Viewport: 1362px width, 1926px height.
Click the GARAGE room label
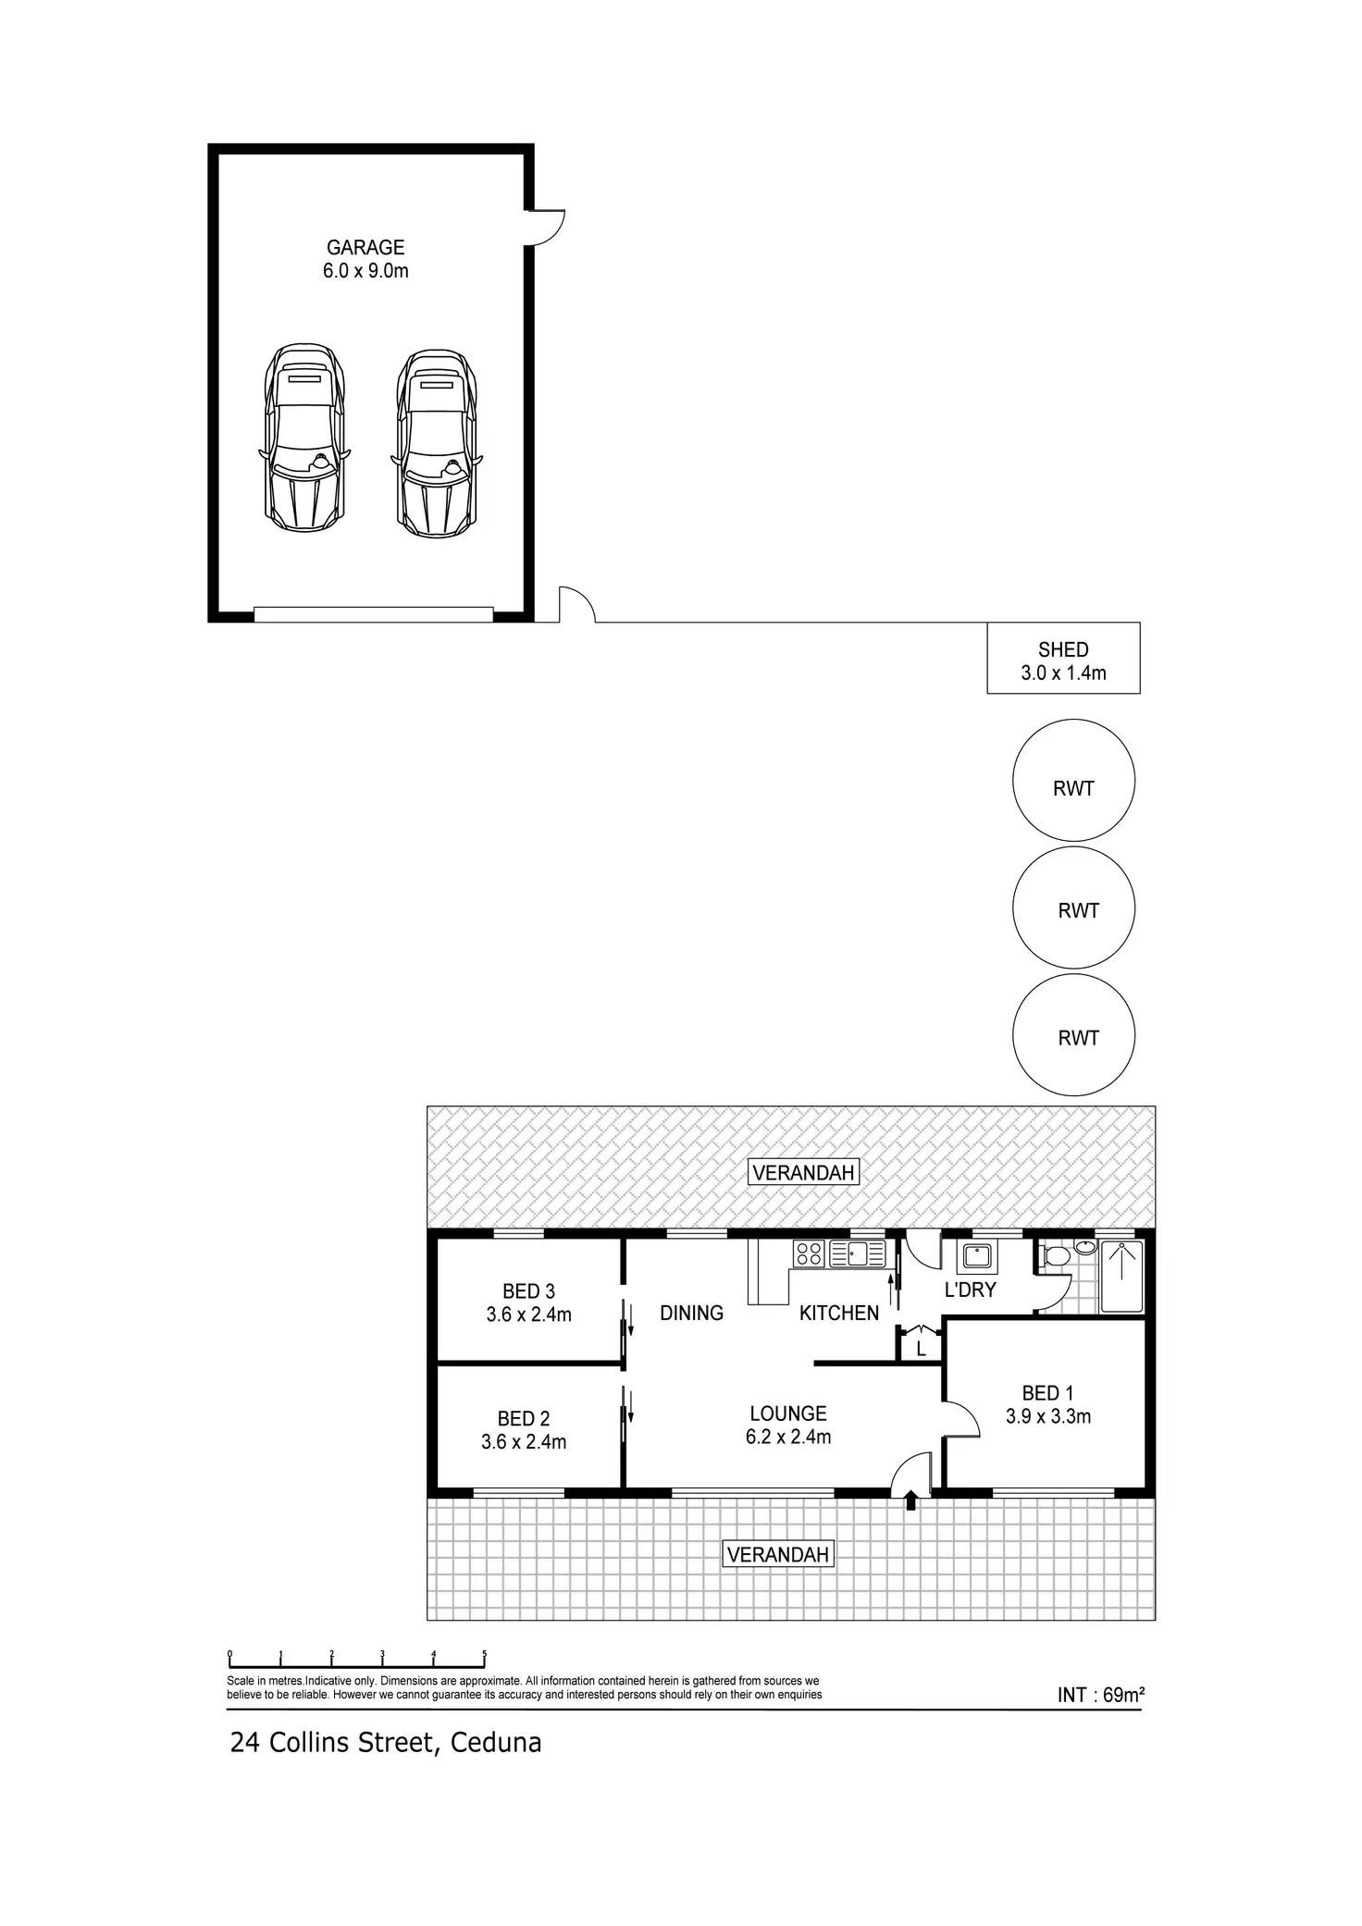click(x=365, y=248)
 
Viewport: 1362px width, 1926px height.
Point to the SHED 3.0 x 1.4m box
click(x=1063, y=659)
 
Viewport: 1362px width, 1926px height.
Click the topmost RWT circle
click(x=1073, y=781)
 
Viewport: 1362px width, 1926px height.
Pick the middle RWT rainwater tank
click(x=1073, y=908)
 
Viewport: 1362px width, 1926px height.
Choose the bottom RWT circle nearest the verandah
click(x=1073, y=1035)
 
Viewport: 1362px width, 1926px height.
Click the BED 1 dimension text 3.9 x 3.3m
click(x=1048, y=1416)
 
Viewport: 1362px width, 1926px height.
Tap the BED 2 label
click(x=524, y=1418)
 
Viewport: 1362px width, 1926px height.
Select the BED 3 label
click(x=528, y=1291)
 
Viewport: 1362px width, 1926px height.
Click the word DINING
click(x=691, y=1313)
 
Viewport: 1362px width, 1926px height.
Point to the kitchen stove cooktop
click(x=809, y=1253)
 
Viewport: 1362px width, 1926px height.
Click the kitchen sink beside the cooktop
click(x=858, y=1253)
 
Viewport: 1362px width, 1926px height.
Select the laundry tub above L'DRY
click(x=977, y=1256)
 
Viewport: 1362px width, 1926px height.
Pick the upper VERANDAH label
click(x=803, y=1173)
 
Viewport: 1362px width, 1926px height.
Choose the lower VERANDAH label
click(x=777, y=1554)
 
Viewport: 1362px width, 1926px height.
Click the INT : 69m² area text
click(x=1101, y=1695)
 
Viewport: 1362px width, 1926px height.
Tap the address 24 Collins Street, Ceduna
click(x=386, y=1743)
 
